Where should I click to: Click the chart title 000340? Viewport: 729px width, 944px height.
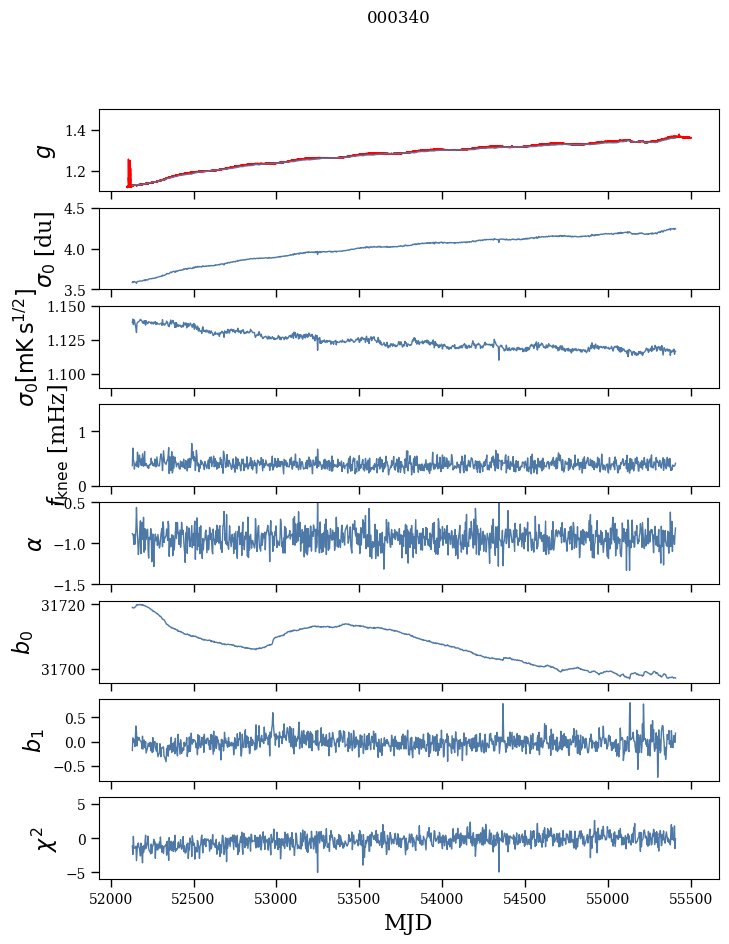click(398, 18)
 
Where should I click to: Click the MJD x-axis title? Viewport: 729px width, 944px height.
click(408, 922)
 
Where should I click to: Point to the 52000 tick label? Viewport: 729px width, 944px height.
click(111, 897)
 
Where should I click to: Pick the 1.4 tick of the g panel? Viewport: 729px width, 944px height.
click(82, 131)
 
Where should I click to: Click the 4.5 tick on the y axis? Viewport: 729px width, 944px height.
click(82, 209)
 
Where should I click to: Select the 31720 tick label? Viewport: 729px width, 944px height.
click(70, 605)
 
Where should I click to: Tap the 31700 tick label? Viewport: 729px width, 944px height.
click(70, 669)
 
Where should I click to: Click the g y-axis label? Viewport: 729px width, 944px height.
click(43, 150)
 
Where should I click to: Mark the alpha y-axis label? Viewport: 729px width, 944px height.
click(36, 543)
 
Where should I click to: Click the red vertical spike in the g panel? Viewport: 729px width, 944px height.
click(129, 170)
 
